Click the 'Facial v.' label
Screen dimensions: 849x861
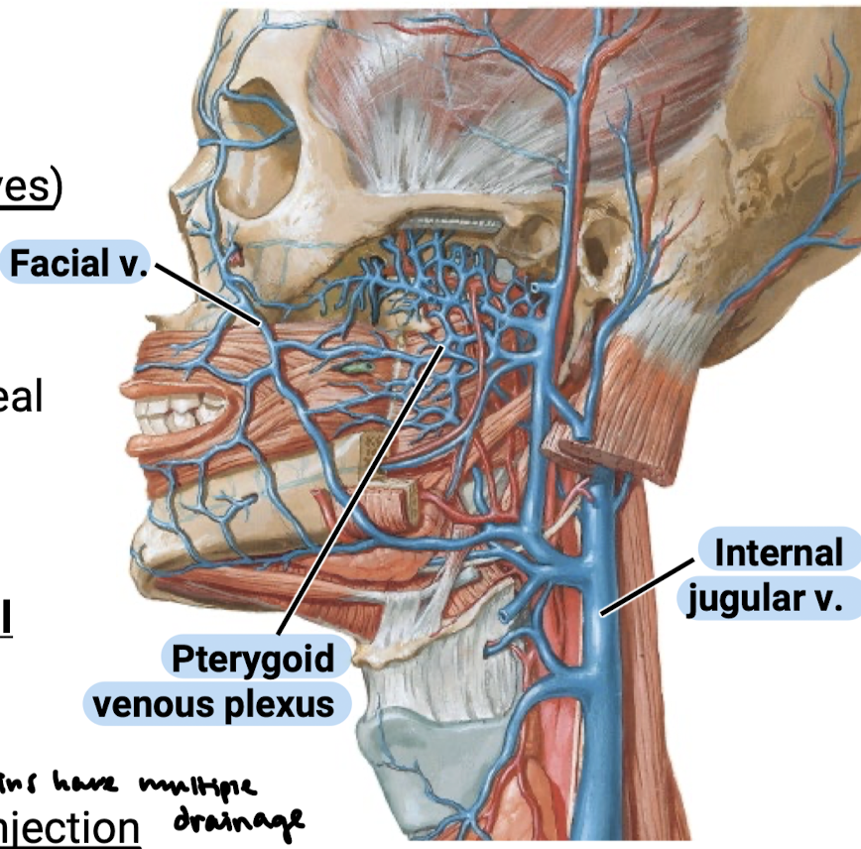click(x=78, y=264)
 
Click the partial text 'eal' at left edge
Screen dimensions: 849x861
click(x=20, y=397)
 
